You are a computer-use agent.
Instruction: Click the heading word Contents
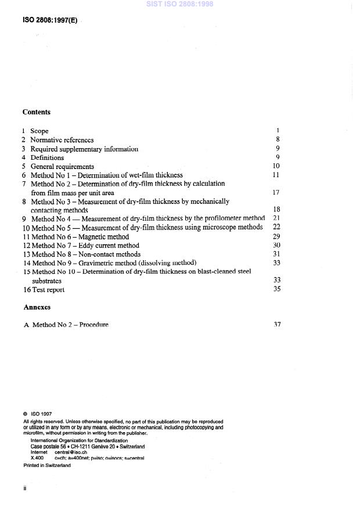[x=36, y=112]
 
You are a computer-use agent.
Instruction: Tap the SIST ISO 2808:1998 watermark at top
[x=180, y=3]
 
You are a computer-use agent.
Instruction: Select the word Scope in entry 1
[x=39, y=131]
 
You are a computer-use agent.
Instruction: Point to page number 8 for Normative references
[x=279, y=140]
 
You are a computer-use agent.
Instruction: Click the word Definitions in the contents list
[x=47, y=157]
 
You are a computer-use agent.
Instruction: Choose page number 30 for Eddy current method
[x=276, y=245]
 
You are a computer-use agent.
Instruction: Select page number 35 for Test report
[x=276, y=289]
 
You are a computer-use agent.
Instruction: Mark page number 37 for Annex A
[x=276, y=324]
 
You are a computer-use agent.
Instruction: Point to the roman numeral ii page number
[x=25, y=489]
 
